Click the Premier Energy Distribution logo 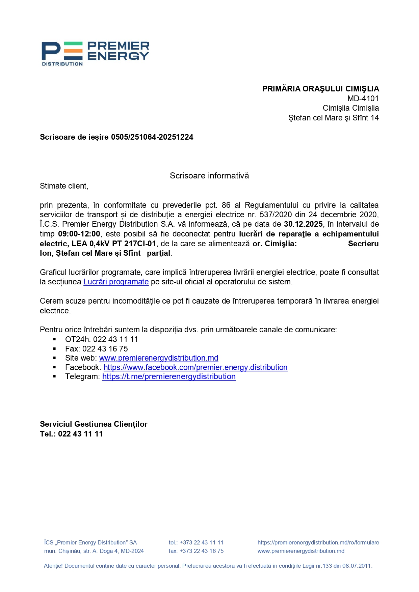[x=95, y=53]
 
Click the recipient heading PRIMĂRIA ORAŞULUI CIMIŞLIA [x=320, y=89]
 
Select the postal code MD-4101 [x=363, y=98]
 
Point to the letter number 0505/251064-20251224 [x=152, y=137]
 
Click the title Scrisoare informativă [x=209, y=176]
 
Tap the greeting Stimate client [x=64, y=186]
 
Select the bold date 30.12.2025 [x=303, y=224]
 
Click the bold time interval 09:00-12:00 [x=79, y=234]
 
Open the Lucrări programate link [x=116, y=282]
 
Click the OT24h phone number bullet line [x=101, y=339]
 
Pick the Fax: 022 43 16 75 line [x=97, y=349]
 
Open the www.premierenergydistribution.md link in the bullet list [x=159, y=358]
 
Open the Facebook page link [x=195, y=367]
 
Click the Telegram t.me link [x=169, y=376]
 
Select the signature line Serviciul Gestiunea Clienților [x=94, y=424]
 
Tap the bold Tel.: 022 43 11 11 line [x=71, y=434]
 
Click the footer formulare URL [x=318, y=542]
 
